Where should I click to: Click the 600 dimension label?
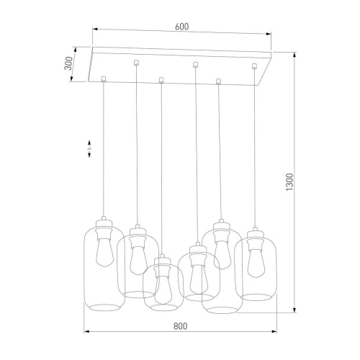181,27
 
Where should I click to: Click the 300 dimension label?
68,63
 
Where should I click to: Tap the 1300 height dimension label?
290,182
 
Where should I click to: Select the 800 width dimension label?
180,326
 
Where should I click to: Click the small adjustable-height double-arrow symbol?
89,149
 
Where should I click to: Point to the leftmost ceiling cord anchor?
104,78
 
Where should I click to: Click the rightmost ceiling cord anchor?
254,66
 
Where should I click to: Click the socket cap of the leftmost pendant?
104,223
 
